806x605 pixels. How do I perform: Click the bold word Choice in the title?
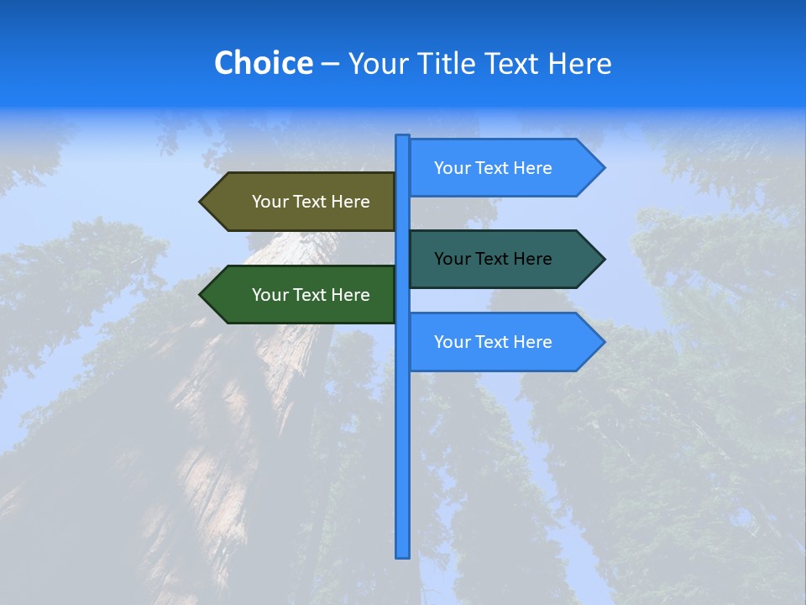click(x=263, y=63)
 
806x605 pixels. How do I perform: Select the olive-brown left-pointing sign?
click(x=302, y=202)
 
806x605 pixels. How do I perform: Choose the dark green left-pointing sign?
click(x=302, y=295)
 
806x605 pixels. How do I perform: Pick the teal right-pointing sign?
click(x=500, y=259)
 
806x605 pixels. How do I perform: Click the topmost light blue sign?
click(x=500, y=168)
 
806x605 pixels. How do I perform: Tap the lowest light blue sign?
click(x=500, y=342)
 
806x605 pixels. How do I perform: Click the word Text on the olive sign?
click(x=310, y=202)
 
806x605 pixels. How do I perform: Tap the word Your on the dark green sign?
click(x=270, y=295)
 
